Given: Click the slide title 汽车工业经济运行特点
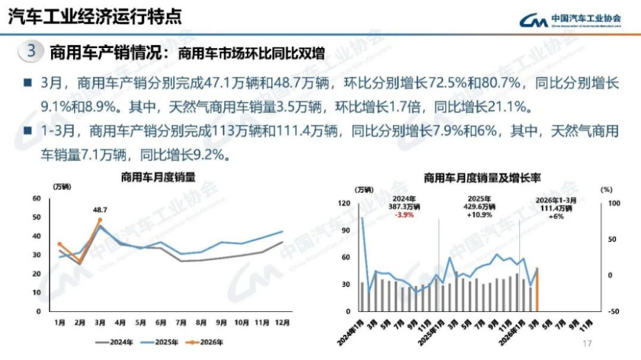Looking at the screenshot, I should point(94,17).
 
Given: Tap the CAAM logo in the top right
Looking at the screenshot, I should point(570,20).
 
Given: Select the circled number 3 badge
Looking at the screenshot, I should point(31,51).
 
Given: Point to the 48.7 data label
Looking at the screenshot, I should point(100,210).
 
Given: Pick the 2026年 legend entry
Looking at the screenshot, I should point(204,342).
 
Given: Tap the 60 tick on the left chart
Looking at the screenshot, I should point(37,199).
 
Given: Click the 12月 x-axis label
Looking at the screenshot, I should point(283,323).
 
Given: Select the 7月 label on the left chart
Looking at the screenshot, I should point(181,323).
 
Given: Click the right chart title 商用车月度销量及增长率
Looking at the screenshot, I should point(482,178).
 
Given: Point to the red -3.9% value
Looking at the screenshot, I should point(404,215).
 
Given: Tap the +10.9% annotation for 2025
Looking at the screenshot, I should point(478,215).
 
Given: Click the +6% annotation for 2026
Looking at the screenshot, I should point(556,216).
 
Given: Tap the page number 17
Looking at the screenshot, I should point(588,343).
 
